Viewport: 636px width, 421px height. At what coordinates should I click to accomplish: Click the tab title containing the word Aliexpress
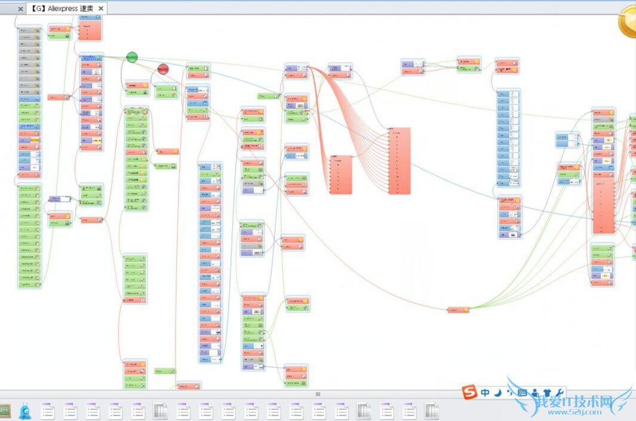62,8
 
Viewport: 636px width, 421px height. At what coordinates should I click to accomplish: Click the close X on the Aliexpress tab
101,8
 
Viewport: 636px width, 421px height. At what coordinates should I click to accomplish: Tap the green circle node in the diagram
132,57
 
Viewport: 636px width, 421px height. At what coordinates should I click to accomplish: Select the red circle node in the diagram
163,69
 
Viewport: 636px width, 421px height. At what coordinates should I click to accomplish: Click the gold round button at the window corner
628,23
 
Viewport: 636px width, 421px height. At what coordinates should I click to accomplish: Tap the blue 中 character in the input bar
485,393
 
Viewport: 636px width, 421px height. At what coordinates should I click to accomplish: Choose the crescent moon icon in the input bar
497,393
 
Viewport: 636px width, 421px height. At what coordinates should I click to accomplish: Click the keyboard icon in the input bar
522,393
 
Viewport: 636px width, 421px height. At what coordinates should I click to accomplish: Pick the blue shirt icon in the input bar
548,393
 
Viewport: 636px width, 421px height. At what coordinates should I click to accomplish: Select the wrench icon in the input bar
560,393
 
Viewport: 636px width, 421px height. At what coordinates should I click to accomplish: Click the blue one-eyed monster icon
24,410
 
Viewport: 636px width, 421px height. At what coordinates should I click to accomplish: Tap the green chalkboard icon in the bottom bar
5,410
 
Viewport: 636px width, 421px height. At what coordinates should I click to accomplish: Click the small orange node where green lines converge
459,310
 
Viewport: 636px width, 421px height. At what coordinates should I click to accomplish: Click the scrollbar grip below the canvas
318,394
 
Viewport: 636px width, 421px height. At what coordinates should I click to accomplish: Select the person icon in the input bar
535,393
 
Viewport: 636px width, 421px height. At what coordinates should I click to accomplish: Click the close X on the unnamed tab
20,8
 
